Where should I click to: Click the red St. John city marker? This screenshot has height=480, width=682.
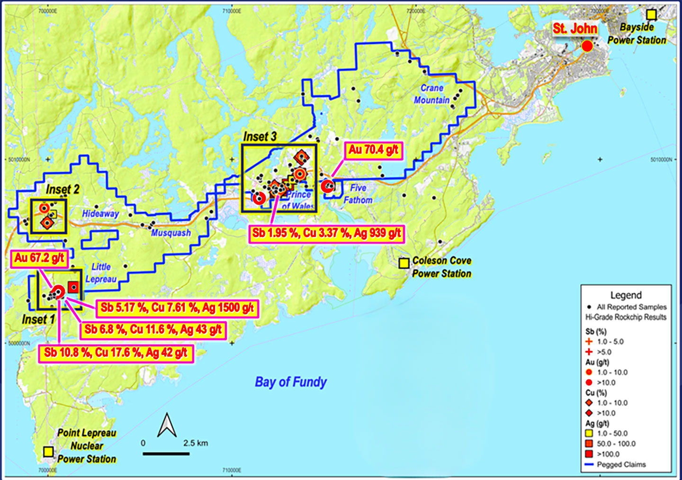tap(587, 46)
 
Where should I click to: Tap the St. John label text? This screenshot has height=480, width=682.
tap(575, 28)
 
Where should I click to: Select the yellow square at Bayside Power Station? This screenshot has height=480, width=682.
tap(652, 15)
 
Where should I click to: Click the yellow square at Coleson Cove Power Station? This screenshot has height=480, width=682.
tap(404, 263)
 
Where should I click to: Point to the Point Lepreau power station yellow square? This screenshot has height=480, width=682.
tap(48, 452)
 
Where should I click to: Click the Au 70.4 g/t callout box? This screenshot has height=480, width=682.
tap(374, 150)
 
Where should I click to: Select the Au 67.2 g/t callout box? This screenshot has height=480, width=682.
tap(39, 258)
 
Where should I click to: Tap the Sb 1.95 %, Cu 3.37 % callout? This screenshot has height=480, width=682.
tap(327, 233)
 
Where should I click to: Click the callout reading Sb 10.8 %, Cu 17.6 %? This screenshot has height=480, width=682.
tap(116, 353)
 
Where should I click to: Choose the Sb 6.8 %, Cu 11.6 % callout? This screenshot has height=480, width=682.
tap(153, 330)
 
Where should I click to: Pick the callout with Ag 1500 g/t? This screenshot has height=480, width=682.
tap(177, 308)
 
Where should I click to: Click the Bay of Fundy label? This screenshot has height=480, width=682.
tap(291, 382)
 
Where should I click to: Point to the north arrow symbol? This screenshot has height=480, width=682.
tap(167, 425)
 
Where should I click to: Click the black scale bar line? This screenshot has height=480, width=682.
tap(166, 454)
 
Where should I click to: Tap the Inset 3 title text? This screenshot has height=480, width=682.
tap(260, 137)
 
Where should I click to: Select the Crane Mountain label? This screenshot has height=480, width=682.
tap(432, 94)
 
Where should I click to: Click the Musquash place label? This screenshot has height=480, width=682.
tap(171, 233)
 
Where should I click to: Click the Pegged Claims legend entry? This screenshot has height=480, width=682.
tap(621, 464)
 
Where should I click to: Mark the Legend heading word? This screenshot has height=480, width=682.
tap(626, 295)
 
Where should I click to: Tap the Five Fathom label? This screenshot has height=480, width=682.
tap(358, 194)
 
